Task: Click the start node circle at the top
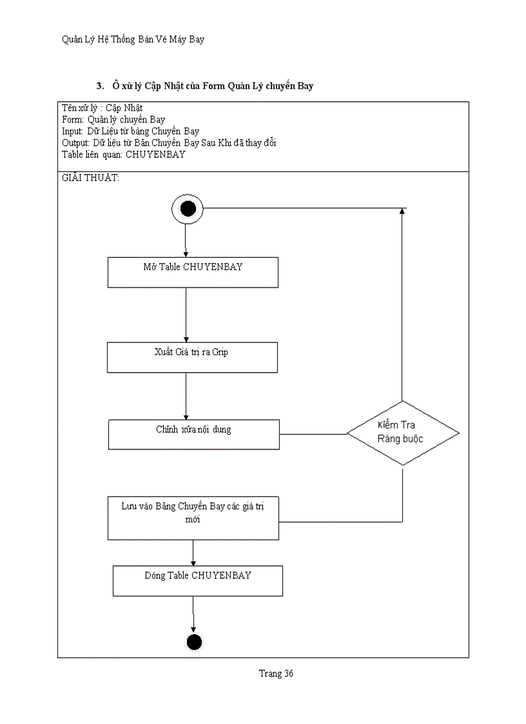tap(188, 209)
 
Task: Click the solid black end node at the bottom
tap(194, 641)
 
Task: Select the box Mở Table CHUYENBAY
tap(193, 272)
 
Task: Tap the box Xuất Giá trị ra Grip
tap(193, 357)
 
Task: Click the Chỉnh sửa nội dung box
tap(194, 434)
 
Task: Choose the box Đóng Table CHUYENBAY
tap(198, 580)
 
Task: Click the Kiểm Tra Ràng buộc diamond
tap(404, 433)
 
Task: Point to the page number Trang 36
tap(276, 674)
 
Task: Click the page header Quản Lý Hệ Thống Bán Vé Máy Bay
tap(133, 39)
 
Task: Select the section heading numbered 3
tap(205, 86)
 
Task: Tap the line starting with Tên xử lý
tap(102, 108)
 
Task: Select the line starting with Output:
tap(169, 142)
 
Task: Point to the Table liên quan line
tap(124, 154)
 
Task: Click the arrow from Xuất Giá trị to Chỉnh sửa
tap(186, 396)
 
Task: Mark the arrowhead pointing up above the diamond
tap(402, 212)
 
